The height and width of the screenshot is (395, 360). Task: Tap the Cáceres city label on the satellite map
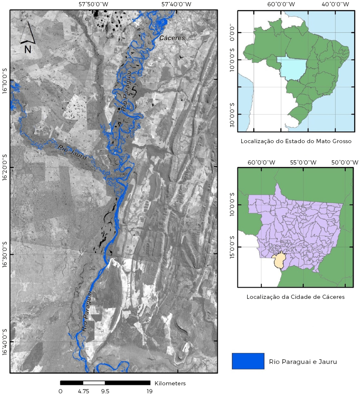point(172,38)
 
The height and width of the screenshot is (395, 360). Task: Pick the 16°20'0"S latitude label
point(5,167)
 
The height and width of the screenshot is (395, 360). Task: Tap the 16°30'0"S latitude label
point(5,254)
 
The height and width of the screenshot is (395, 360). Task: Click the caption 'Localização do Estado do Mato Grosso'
point(296,141)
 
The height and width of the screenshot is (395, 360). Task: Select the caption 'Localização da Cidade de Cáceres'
point(296,297)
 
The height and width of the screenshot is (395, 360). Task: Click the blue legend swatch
point(248,361)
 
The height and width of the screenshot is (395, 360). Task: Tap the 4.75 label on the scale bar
point(83,391)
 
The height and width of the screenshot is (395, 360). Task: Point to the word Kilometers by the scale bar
point(170,383)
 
